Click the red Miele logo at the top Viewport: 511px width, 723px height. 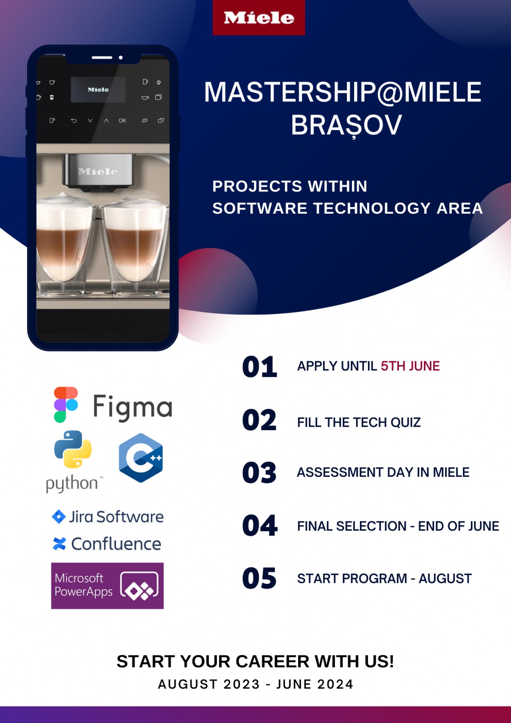259,17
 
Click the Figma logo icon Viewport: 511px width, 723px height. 66,404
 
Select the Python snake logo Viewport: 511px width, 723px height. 73,449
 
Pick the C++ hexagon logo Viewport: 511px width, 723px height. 141,458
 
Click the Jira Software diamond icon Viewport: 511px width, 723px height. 58,517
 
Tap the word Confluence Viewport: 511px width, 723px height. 116,544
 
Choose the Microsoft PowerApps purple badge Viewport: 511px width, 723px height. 108,586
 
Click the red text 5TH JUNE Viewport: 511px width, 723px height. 410,366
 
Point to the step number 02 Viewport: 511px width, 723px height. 259,419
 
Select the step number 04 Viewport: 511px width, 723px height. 259,525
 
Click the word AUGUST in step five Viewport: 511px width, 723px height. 445,579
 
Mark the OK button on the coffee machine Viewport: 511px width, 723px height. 122,121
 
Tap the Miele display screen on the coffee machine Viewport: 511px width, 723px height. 98,89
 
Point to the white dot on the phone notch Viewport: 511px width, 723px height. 121,57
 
